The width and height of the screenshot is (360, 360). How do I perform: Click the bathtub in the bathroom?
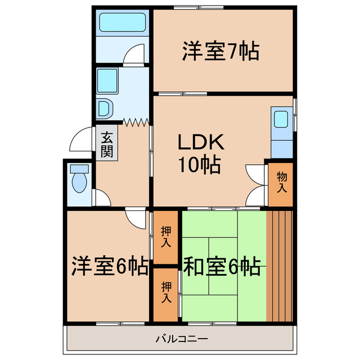[122, 24]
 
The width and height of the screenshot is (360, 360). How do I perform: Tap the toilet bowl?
[79, 181]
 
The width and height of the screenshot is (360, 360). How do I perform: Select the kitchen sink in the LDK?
[281, 120]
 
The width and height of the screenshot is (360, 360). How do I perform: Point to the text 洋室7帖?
[220, 52]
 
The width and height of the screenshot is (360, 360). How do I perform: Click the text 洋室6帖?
[109, 265]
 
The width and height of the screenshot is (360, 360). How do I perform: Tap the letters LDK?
[201, 143]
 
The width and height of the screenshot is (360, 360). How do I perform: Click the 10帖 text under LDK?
[200, 165]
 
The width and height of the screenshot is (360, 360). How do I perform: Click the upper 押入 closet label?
[166, 237]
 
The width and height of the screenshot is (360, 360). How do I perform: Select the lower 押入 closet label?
[166, 292]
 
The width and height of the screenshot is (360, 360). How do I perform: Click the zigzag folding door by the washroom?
[136, 121]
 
